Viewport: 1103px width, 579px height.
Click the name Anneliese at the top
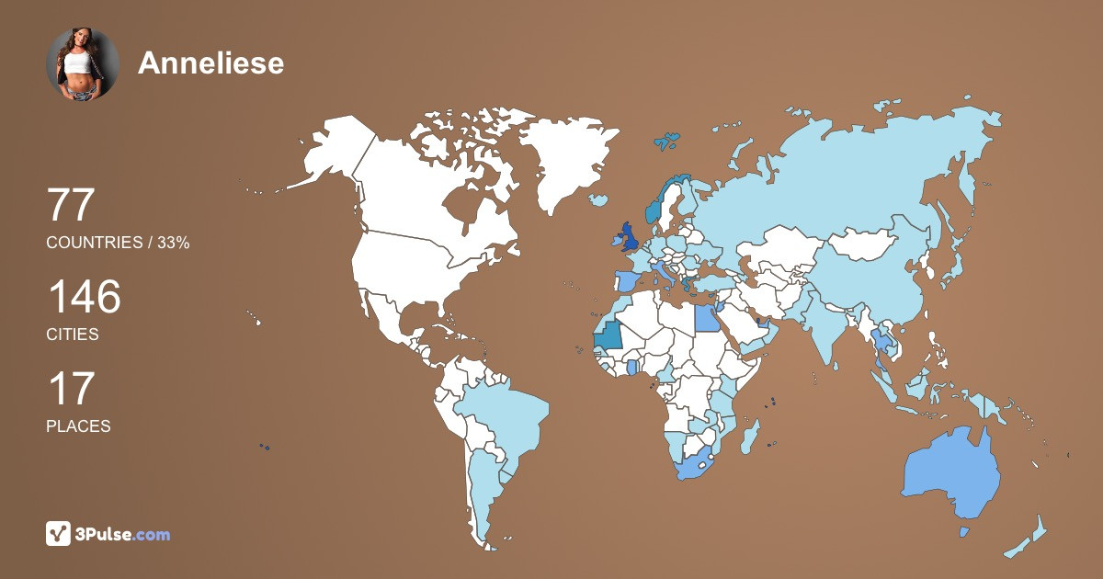point(210,62)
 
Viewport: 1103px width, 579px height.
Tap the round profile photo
point(83,64)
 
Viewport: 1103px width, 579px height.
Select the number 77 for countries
point(71,205)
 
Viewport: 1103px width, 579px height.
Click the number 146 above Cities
point(84,298)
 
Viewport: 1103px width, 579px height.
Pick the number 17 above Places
point(71,389)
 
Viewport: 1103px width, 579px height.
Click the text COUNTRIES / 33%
point(118,243)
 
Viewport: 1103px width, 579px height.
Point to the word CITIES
point(73,335)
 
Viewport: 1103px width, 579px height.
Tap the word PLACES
point(78,426)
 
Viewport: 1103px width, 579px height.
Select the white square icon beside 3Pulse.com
point(59,533)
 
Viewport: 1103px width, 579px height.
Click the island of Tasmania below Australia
point(964,531)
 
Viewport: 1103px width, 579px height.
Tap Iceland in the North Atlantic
point(601,199)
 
